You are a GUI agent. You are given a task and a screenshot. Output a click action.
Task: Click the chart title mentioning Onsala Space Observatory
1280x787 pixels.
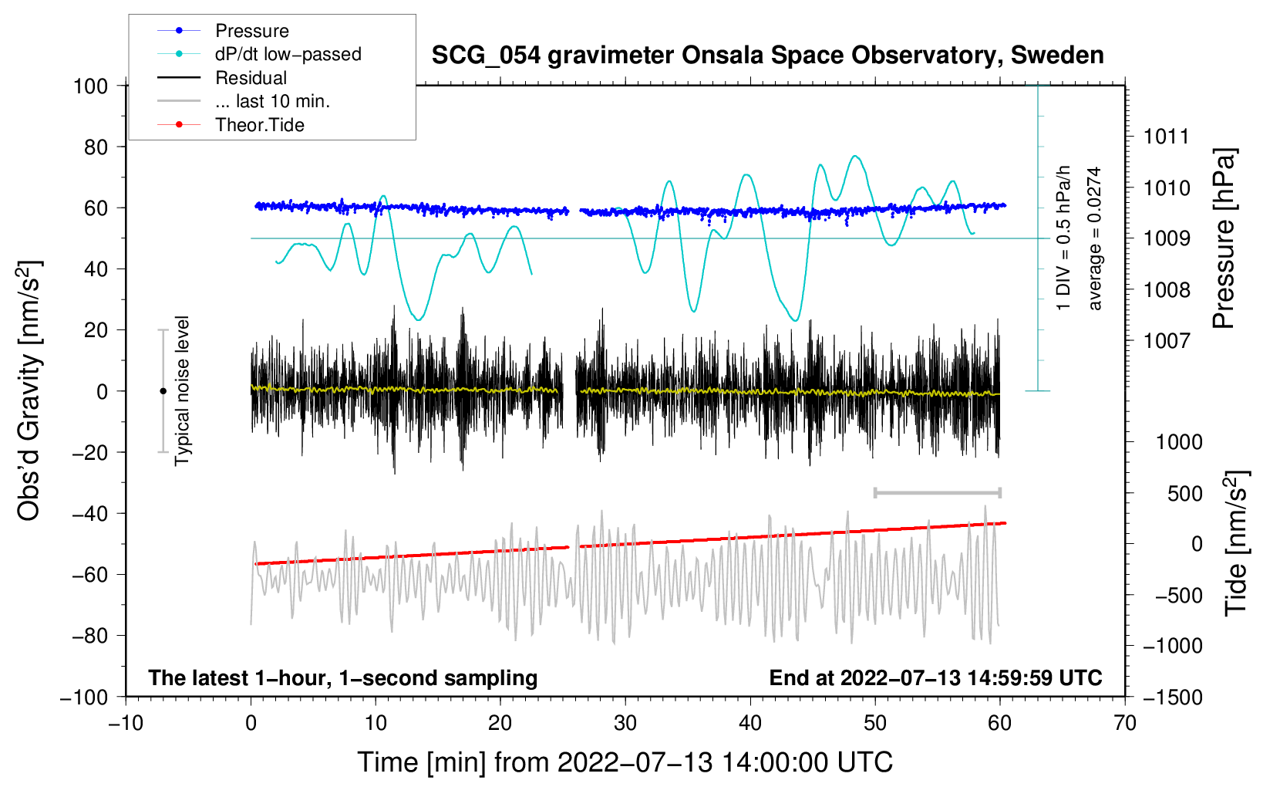[x=767, y=56]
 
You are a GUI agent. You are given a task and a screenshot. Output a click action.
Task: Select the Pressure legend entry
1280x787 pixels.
[x=251, y=31]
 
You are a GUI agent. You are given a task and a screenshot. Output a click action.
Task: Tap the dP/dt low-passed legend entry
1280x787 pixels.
[x=288, y=54]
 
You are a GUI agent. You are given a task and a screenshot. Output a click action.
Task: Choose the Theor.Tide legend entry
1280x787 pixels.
[x=259, y=125]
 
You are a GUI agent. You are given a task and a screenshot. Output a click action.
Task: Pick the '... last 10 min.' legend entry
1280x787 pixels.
[x=272, y=101]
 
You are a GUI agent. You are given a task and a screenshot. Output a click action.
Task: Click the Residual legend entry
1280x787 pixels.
[x=251, y=78]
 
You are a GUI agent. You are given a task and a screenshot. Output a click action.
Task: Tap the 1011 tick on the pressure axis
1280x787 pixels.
[x=1167, y=137]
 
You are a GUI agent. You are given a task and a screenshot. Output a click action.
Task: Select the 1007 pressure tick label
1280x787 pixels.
[x=1167, y=340]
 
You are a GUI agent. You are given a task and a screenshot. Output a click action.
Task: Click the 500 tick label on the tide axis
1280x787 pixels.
[x=1184, y=493]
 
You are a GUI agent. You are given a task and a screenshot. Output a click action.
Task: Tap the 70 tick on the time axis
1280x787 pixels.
[x=1125, y=723]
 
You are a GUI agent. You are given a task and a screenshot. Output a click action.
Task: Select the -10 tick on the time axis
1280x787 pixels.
[x=126, y=723]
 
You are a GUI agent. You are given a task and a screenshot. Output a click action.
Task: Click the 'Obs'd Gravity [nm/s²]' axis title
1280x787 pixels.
[x=29, y=391]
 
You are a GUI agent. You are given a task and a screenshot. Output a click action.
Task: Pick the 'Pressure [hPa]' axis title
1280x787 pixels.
[x=1224, y=238]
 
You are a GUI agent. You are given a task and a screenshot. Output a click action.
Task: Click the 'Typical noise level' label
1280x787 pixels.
[x=182, y=390]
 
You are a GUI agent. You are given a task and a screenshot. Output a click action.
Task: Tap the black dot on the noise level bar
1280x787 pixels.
[x=163, y=391]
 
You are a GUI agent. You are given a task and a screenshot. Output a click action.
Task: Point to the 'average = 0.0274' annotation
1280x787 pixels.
[x=1095, y=238]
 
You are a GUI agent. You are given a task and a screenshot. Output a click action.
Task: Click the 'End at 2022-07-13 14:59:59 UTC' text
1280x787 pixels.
[x=935, y=677]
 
